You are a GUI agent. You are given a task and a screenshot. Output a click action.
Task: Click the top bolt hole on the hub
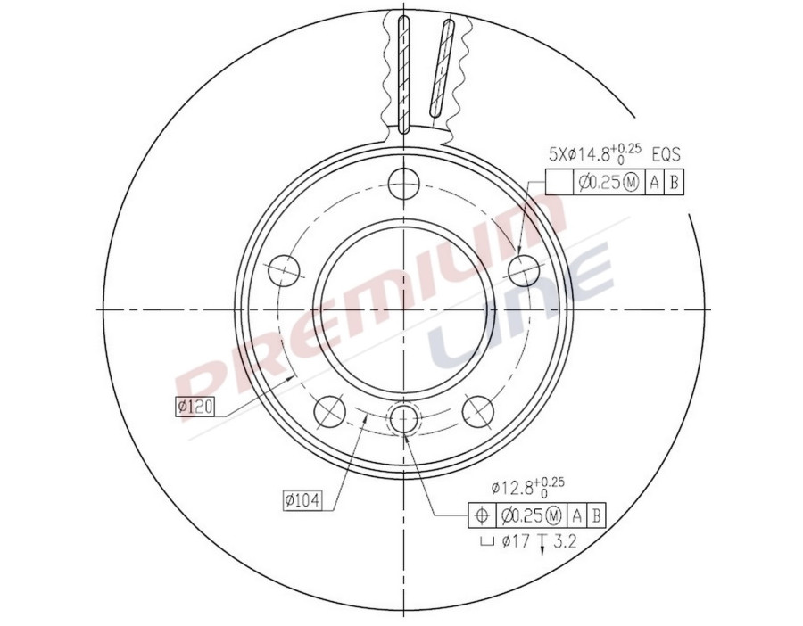pos(403,184)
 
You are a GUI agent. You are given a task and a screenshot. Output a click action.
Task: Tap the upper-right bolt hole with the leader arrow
pos(525,268)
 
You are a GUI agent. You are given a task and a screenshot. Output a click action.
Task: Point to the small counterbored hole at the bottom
pos(404,419)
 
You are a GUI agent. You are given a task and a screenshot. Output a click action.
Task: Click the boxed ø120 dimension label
pos(195,408)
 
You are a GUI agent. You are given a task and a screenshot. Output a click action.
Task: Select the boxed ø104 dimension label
pos(302,500)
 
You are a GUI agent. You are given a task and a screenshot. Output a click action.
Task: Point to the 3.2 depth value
pos(566,540)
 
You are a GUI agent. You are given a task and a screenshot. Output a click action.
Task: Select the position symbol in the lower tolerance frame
pos(481,515)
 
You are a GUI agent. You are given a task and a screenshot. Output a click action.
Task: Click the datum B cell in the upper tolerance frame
pos(675,184)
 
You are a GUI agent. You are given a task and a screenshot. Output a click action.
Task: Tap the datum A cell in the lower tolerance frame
pos(577,515)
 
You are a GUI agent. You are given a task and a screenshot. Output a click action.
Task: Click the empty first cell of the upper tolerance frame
pos(558,184)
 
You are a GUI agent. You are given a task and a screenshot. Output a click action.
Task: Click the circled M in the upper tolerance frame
pos(631,184)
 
